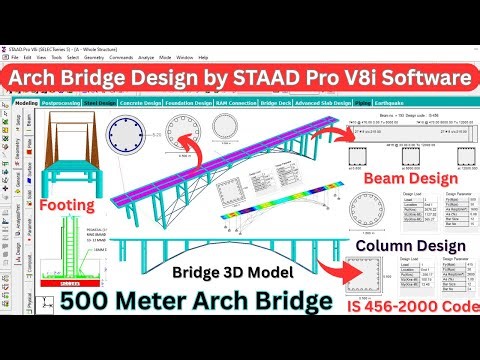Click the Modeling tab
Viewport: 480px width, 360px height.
coord(26,103)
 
